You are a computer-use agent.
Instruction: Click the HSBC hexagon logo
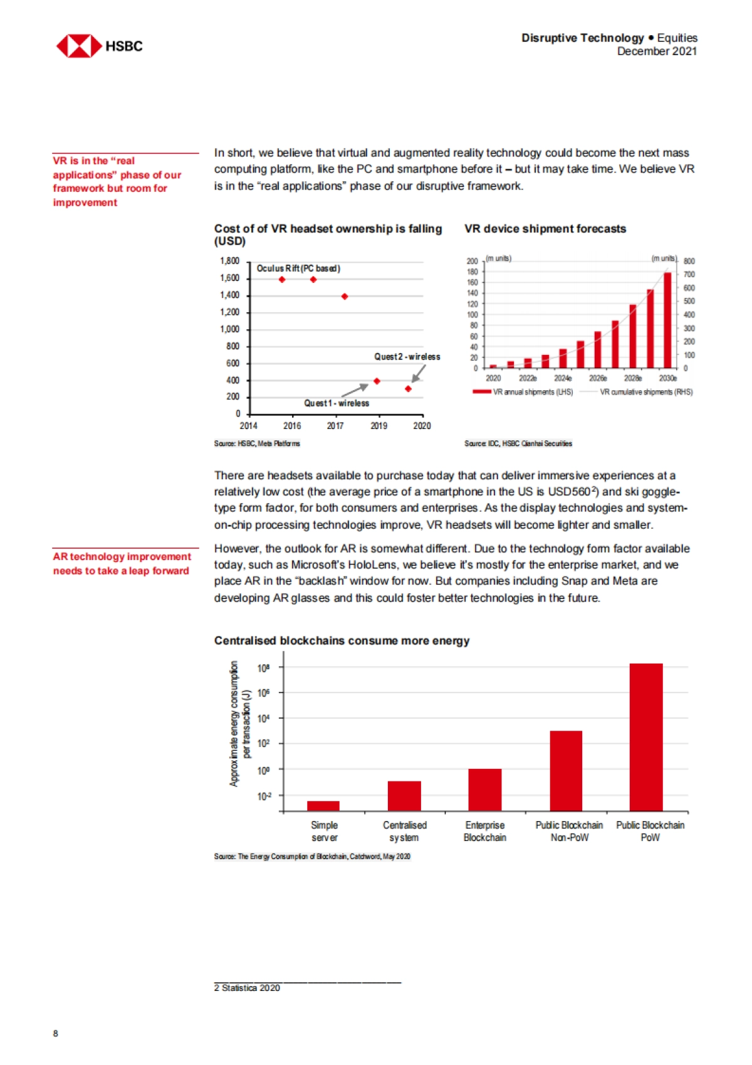tap(79, 46)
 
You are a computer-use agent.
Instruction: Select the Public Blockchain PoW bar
tap(646, 737)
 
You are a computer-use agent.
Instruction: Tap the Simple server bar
tap(323, 806)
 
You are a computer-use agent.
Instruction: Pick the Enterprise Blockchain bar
tap(484, 790)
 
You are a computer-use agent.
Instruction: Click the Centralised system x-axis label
tap(404, 831)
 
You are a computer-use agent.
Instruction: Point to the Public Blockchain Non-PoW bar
tap(566, 771)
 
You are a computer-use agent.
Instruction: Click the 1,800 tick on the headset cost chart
tap(229, 261)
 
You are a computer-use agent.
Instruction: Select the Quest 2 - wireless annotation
tap(407, 357)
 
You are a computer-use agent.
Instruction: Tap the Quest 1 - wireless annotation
tap(337, 403)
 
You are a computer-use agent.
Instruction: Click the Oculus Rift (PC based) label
tap(298, 268)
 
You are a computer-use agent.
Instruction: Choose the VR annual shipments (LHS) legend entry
tap(523, 392)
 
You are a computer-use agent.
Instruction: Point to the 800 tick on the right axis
tap(689, 261)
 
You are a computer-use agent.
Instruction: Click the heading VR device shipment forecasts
tap(545, 229)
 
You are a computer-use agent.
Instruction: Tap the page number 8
tap(56, 1033)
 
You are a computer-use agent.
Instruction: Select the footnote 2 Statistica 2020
tap(247, 988)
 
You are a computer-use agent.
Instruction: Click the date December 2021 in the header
tap(657, 51)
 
